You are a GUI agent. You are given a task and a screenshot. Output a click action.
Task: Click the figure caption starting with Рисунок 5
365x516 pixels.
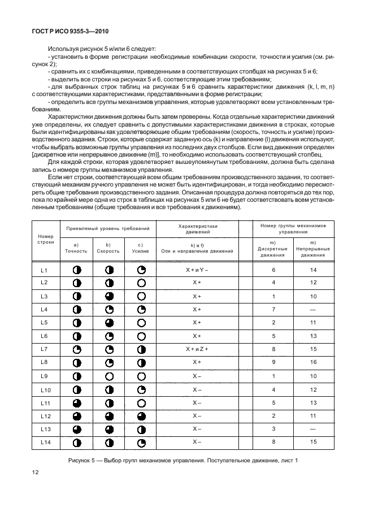click(182, 460)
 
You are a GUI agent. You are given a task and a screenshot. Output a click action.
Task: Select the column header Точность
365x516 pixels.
click(76, 250)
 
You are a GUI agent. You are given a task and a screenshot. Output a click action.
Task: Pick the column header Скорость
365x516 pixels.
click(108, 250)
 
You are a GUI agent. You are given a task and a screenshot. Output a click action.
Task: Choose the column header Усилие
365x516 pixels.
click(141, 250)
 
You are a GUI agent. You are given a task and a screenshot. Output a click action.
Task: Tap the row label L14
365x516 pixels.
click(45, 442)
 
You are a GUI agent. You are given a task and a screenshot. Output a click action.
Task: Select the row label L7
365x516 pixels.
click(45, 349)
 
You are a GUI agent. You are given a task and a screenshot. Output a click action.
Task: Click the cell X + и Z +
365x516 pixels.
click(197, 349)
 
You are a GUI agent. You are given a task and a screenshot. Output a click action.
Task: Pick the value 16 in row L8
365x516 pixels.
click(312, 362)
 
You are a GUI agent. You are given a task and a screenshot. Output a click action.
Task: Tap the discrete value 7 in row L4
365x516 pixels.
click(273, 309)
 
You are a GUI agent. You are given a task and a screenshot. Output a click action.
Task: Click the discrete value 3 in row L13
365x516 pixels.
click(273, 428)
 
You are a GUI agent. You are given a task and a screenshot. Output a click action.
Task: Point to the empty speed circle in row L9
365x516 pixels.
click(109, 376)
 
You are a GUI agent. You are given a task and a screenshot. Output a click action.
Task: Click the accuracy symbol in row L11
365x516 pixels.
click(77, 402)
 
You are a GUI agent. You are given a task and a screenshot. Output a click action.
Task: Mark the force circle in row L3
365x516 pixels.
click(141, 296)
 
